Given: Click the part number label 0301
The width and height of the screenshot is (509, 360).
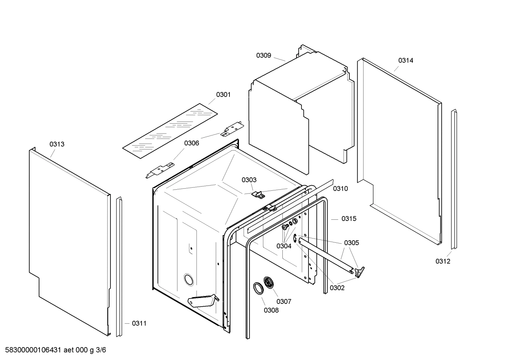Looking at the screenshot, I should click(x=223, y=94).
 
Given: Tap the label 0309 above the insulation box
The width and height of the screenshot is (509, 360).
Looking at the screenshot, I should click(x=263, y=55).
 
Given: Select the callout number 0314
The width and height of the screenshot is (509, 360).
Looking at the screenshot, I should click(x=406, y=60).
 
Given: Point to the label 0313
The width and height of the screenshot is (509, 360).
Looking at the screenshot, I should click(x=57, y=144).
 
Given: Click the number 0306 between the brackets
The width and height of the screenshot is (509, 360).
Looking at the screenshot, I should click(x=191, y=143).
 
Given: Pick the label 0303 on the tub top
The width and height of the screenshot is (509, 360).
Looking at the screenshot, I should click(x=249, y=180).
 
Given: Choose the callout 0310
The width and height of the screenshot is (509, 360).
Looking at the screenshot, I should click(x=340, y=189).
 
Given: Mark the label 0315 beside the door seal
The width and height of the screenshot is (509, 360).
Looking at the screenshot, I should click(x=349, y=219).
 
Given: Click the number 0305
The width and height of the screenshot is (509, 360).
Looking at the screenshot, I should click(x=351, y=243).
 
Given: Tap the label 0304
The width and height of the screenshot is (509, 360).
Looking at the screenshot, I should click(x=284, y=246).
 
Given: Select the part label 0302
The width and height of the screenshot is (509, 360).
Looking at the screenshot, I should click(x=337, y=288).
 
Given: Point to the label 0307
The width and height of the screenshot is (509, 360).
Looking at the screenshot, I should click(x=284, y=301).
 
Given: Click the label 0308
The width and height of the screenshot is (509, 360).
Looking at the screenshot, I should click(x=271, y=310).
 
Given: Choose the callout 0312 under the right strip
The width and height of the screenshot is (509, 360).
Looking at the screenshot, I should click(x=443, y=261).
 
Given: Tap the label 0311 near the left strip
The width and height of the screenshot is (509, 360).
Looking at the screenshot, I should click(x=139, y=323).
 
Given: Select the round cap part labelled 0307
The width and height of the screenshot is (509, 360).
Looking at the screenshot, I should click(x=270, y=283).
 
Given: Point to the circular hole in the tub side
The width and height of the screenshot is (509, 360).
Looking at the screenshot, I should click(x=188, y=279).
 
